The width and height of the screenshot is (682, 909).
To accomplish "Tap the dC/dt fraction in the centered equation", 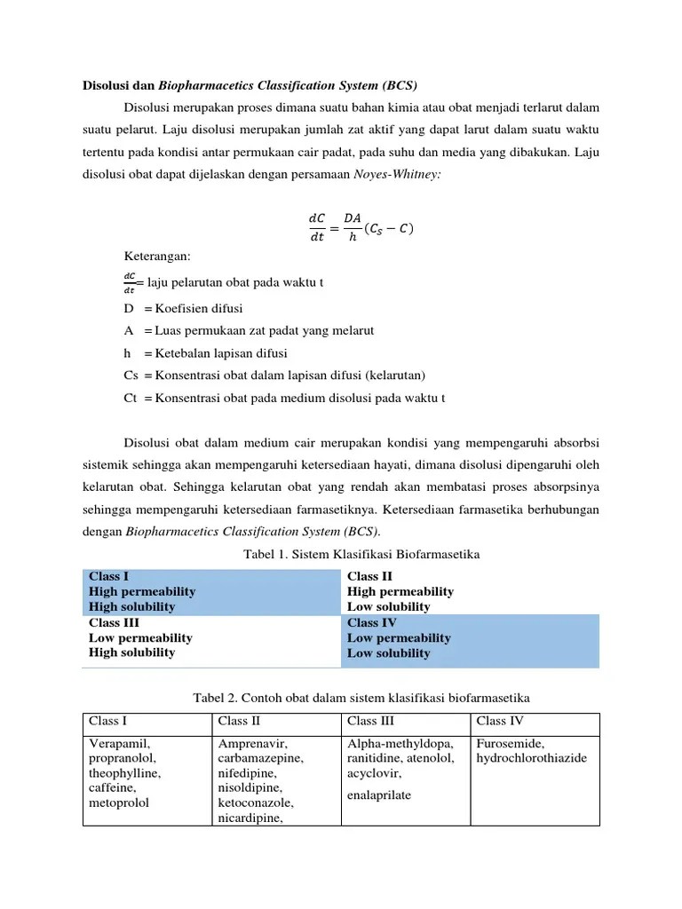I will (317, 227).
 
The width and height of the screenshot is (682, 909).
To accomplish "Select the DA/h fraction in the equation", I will (353, 227).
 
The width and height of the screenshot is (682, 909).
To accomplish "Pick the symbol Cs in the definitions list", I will (131, 375).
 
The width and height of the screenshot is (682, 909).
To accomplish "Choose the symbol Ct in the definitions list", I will (131, 398).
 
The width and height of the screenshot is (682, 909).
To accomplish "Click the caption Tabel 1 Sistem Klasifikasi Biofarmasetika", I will (361, 554).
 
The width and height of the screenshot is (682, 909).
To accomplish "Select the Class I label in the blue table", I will (107, 576).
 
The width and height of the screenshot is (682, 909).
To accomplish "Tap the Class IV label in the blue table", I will (371, 622).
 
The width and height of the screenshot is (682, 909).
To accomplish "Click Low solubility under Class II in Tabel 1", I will (388, 607).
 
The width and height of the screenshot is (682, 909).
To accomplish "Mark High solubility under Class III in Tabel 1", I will (131, 652).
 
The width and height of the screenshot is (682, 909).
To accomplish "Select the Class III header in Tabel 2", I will (371, 720).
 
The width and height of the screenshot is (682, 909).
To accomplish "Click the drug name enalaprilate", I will (379, 794).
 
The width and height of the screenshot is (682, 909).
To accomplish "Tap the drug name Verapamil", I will (120, 743).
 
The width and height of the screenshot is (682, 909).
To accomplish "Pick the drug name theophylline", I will (125, 772).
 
